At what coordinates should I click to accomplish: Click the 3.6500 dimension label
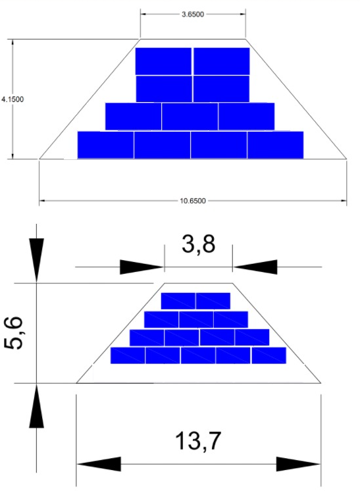193,14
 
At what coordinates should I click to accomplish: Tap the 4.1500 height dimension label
13,99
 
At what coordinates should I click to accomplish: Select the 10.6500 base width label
193,201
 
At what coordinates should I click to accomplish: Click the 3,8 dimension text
198,245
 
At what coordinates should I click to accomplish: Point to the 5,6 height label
14,333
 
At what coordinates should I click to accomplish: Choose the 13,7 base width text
198,440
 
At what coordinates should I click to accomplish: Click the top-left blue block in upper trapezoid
163,61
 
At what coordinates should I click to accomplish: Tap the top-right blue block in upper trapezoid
222,61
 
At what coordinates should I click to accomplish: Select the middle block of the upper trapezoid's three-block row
190,117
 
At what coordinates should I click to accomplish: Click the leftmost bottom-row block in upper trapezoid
105,145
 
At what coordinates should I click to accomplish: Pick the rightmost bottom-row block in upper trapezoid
275,145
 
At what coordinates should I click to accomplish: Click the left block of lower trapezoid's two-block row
178,301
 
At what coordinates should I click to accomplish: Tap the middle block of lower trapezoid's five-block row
198,355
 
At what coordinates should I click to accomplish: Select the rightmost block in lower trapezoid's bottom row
269,355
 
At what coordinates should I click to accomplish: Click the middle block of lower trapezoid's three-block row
196,319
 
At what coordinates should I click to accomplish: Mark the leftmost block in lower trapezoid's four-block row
147,338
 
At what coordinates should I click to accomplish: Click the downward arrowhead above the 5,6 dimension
36,260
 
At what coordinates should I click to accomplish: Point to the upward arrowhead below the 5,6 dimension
36,406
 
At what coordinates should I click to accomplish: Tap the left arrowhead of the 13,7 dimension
99,464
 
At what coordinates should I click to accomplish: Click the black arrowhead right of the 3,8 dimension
255,267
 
